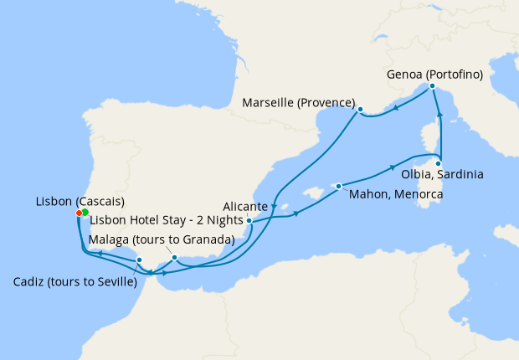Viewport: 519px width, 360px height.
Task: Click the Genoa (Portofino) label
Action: coord(434,75)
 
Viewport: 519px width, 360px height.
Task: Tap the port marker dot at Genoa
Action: coord(432,86)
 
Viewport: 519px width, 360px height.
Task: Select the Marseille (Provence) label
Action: coord(298,103)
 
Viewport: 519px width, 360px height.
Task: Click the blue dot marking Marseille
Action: coord(360,110)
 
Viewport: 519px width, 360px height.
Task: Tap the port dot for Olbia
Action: coord(439,163)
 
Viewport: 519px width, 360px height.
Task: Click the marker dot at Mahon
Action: coord(338,186)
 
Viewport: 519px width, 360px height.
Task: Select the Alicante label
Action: coord(245,206)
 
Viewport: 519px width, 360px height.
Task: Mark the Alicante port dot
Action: coord(249,221)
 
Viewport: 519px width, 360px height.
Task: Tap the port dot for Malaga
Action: coord(174,258)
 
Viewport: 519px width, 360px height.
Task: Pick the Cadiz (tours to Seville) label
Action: coord(75,282)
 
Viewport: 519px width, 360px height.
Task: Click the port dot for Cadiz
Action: coord(139,260)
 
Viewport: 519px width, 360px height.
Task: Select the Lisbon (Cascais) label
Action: coord(80,202)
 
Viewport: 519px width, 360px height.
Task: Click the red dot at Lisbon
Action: coord(79,213)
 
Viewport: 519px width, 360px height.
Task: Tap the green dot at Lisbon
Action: coord(85,213)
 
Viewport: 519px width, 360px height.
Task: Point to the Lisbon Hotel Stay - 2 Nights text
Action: coord(157,221)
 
